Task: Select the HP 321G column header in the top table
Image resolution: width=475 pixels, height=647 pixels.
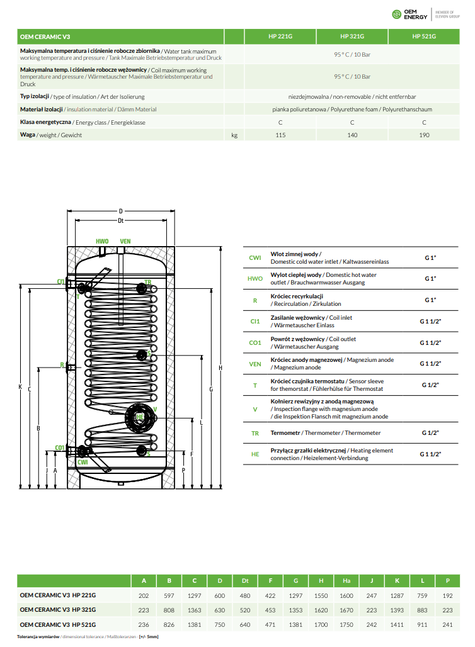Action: coord(352,37)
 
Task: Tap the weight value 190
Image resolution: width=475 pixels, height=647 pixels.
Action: coord(424,135)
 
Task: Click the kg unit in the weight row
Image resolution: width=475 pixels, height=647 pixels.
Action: coord(234,135)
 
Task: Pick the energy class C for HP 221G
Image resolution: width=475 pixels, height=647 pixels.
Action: coord(280,123)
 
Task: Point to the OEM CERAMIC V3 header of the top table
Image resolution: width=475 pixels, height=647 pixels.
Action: coord(45,37)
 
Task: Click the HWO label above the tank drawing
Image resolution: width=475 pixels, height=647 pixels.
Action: coord(102,242)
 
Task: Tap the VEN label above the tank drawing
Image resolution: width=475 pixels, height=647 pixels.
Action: coord(125,242)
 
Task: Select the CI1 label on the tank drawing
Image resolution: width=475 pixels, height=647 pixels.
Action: coord(61,281)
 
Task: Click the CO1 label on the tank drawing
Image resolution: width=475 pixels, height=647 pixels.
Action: coord(60,447)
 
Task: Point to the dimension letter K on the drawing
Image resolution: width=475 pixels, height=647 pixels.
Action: coord(20,386)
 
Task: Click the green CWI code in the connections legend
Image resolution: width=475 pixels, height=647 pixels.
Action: coord(255,257)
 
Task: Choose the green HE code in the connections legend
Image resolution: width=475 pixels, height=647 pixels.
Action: coord(255,454)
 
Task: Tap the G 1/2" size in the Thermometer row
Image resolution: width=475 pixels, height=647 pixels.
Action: coord(430,433)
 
